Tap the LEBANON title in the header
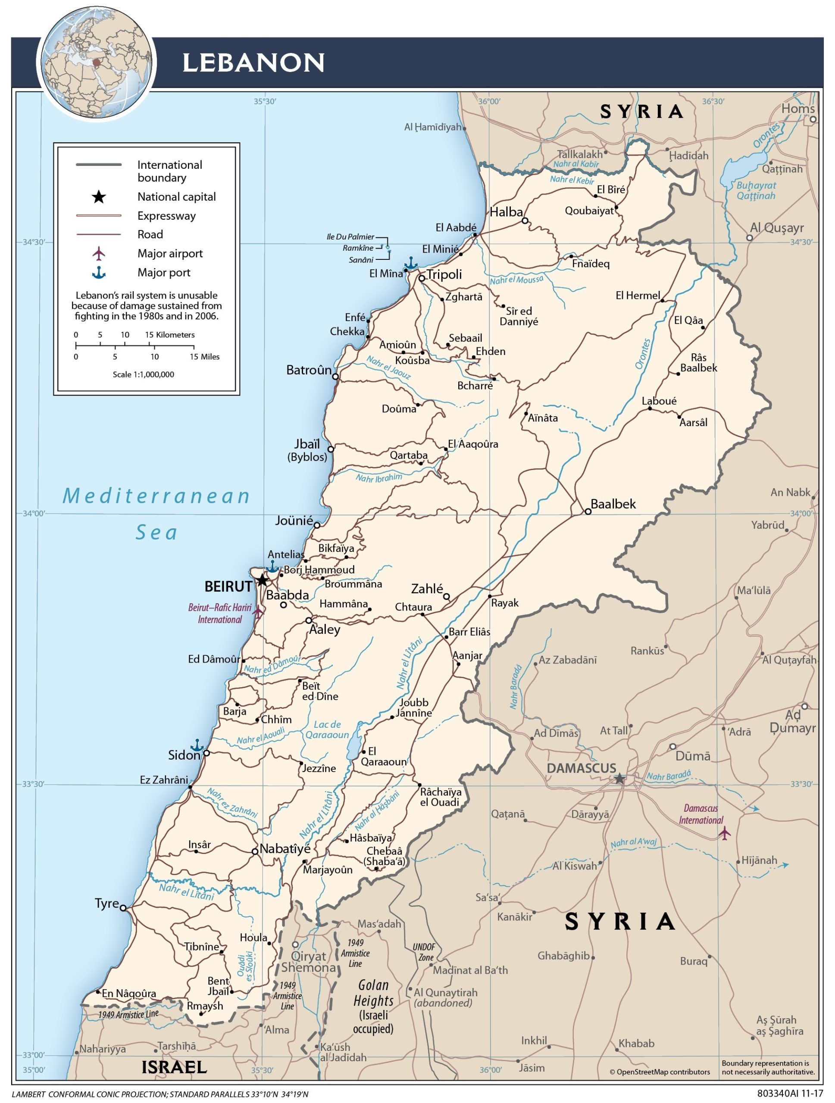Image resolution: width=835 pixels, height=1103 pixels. [x=253, y=63]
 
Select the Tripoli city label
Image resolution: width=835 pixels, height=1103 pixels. [x=444, y=274]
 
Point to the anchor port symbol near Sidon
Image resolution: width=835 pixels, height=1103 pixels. [x=197, y=745]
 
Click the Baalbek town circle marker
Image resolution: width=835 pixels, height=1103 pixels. [x=588, y=511]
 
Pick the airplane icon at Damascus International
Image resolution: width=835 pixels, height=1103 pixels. [x=724, y=832]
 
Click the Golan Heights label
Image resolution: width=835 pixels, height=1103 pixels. [x=374, y=993]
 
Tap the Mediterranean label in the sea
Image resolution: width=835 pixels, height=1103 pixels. [x=156, y=496]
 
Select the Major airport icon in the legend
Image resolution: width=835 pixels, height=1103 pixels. [x=99, y=253]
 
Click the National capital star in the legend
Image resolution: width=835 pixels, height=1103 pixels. [x=99, y=197]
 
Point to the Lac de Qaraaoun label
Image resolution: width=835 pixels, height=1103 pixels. [x=327, y=729]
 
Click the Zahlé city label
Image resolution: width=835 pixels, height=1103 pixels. [x=427, y=589]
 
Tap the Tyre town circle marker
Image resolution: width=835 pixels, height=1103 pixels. [x=123, y=908]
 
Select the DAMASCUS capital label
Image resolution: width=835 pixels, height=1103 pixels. [x=582, y=768]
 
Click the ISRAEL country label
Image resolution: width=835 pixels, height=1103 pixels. [x=174, y=1067]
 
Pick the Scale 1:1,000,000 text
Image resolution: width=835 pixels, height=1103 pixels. [x=143, y=374]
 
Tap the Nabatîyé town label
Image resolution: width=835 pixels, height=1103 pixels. [x=285, y=848]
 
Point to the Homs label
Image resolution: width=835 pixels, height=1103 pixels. [x=797, y=109]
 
